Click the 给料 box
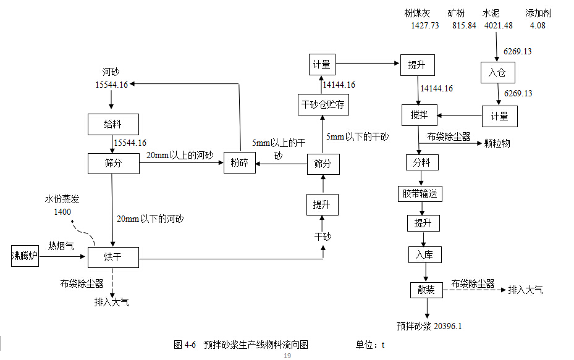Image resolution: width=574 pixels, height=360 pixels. tap(112, 124)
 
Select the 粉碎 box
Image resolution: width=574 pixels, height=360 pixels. tap(239, 163)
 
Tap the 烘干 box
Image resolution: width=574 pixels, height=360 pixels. tap(112, 257)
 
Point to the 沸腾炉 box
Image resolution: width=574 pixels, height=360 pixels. tap(25, 256)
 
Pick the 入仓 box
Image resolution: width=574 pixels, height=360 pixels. tap(497, 73)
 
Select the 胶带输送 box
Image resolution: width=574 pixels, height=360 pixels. tap(420, 193)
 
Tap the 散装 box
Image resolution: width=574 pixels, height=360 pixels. tap(426, 290)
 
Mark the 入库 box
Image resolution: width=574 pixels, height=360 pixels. tap(425, 254)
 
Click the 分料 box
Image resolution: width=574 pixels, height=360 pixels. tap(421, 163)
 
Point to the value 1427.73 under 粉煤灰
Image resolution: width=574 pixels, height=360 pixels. tap(425, 25)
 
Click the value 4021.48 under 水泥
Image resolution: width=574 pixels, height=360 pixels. tap(499, 25)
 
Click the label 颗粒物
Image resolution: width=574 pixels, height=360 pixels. tap(497, 143)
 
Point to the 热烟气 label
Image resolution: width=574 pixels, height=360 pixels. tap(61, 245)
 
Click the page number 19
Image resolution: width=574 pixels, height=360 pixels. tap(287, 356)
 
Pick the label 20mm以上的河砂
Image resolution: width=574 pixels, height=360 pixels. tap(179, 156)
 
